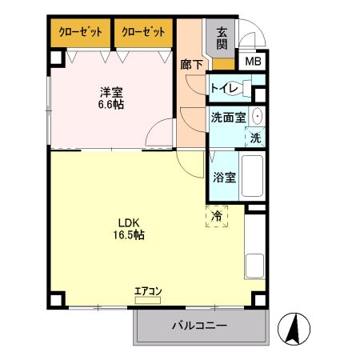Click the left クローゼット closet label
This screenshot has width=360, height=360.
tap(80, 32)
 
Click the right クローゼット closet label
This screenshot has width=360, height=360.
tap(144, 32)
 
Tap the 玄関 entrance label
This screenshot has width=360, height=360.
tap(222, 38)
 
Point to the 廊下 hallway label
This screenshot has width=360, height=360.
tap(191, 64)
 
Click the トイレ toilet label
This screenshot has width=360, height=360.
tap(224, 88)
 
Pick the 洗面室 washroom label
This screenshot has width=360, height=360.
tap(228, 117)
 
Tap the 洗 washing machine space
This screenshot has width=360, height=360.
tap(255, 137)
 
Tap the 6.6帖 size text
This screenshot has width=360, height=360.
tap(111, 105)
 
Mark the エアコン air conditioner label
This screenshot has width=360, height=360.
tap(148, 291)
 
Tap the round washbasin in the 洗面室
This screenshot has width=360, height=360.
tap(257, 116)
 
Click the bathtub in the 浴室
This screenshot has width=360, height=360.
tap(253, 178)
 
